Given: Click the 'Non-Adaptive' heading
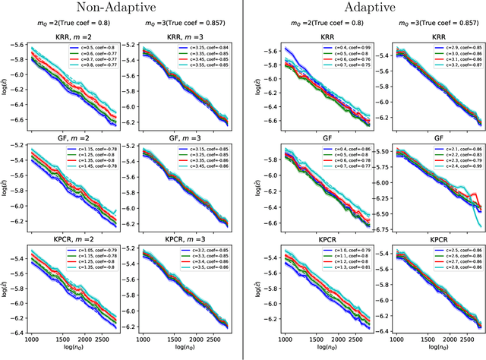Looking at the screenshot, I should click(x=121, y=10).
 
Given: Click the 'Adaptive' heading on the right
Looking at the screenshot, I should click(x=365, y=10).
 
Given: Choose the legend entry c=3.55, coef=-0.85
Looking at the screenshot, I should click(x=202, y=67).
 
